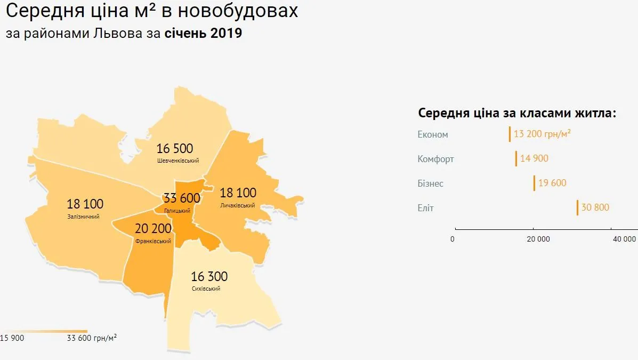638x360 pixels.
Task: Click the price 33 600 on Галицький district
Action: pos(182,198)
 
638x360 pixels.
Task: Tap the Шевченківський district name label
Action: pos(178,161)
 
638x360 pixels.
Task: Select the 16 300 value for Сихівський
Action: pos(209,277)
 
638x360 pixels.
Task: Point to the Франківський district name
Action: pos(153,241)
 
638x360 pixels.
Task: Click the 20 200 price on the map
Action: pos(153,229)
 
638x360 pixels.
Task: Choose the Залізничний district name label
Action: pos(83,217)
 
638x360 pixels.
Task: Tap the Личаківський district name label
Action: pos(237,205)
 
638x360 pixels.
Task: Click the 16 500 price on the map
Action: pos(175,148)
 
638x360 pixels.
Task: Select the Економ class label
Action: pos(433,134)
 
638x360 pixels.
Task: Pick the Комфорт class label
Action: pos(436,159)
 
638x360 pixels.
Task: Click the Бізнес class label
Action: pos(431,183)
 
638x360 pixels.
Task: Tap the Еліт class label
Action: pos(426,208)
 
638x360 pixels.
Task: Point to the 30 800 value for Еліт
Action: pos(595,207)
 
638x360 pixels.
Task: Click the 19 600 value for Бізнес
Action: pos(552,183)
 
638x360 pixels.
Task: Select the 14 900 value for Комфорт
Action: pos(534,158)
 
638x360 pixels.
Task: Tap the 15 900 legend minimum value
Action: pos(12,338)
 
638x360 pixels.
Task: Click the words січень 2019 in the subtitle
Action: pos(203,34)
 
